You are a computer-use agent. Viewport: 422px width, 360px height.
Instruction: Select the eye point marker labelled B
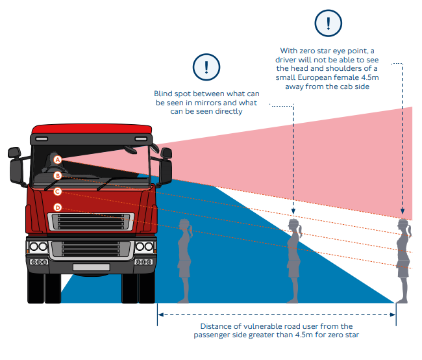coord(57,175)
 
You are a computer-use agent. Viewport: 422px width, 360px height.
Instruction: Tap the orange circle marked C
coord(57,192)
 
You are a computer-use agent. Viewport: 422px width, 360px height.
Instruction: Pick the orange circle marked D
coord(57,208)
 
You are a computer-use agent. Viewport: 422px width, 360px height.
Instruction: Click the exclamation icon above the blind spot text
coord(206,66)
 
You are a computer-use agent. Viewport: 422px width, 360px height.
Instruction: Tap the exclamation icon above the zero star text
coord(328,23)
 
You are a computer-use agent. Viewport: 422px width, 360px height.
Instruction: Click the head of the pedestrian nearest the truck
coord(186,227)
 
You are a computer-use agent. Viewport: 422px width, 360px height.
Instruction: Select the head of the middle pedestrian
coord(295,227)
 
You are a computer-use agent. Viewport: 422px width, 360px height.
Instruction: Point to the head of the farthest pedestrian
coord(404,227)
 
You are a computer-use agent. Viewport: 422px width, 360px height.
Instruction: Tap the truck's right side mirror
coord(166,166)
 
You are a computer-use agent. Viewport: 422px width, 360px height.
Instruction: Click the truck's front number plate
coord(91,267)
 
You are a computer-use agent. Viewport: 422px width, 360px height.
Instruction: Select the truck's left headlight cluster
coord(38,248)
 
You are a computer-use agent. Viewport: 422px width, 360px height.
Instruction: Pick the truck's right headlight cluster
coord(144,248)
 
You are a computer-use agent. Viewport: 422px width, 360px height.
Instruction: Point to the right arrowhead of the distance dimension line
coord(393,315)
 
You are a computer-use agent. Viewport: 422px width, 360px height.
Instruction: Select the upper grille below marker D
coord(91,221)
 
